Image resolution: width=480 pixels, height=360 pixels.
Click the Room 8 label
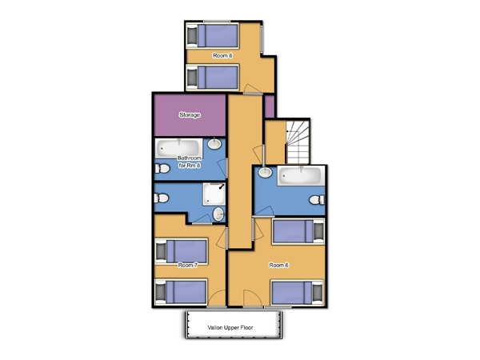pyautogui.click(x=222, y=56)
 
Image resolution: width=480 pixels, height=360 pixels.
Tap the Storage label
pyautogui.click(x=190, y=114)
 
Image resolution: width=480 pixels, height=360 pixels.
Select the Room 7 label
pyautogui.click(x=188, y=265)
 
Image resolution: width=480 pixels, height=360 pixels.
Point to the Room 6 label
pyautogui.click(x=279, y=265)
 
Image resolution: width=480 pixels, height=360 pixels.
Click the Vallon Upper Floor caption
pyautogui.click(x=230, y=327)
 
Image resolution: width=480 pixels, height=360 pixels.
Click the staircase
pyautogui.click(x=298, y=142)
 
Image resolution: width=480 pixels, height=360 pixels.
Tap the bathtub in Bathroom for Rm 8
pyautogui.click(x=178, y=149)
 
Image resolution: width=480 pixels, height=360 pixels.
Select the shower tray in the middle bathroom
pyautogui.click(x=214, y=194)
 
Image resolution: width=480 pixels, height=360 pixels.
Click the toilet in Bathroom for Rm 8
pyautogui.click(x=162, y=168)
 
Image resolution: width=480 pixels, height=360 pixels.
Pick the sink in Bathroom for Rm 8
pyautogui.click(x=215, y=143)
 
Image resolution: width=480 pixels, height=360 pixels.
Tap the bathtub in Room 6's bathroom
pyautogui.click(x=301, y=176)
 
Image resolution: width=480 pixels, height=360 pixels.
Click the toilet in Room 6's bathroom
pyautogui.click(x=317, y=200)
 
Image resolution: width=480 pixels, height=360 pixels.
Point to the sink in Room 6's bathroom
pyautogui.click(x=265, y=172)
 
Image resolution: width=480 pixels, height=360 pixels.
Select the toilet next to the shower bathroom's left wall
pyautogui.click(x=162, y=198)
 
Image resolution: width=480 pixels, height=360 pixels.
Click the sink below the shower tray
pyautogui.click(x=218, y=214)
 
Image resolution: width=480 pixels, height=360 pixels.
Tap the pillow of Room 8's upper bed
pyautogui.click(x=192, y=36)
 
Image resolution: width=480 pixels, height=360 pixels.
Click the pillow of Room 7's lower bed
pyautogui.click(x=161, y=292)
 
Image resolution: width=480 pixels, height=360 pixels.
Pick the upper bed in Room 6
pyautogui.click(x=298, y=231)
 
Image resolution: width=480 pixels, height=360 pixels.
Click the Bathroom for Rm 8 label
pyautogui.click(x=190, y=162)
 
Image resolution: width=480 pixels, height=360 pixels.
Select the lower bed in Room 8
pyautogui.click(x=213, y=77)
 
